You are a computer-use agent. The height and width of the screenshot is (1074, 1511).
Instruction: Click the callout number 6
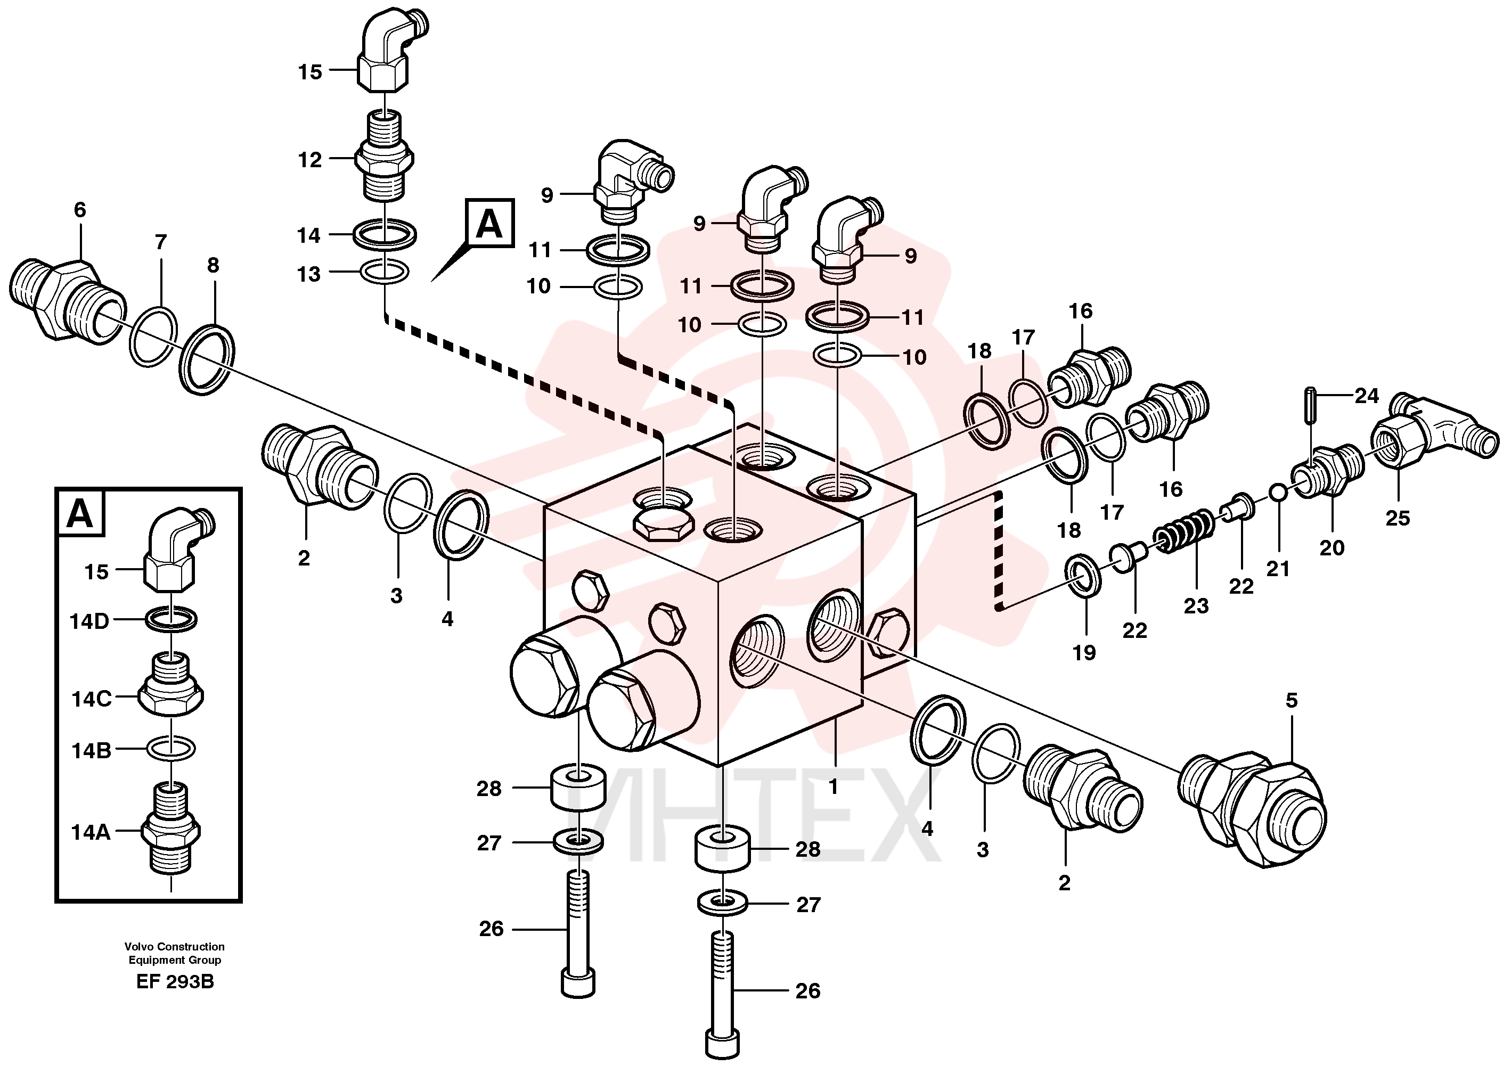coord(80,210)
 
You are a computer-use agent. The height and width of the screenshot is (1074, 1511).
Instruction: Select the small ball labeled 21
coord(1278,494)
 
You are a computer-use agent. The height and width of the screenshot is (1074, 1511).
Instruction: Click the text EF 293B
coord(175,981)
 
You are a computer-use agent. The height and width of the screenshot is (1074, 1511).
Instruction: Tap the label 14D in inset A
coord(89,621)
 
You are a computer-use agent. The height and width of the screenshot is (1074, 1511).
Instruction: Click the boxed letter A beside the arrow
coord(489,224)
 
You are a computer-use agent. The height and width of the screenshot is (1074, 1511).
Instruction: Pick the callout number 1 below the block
coord(834,787)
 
